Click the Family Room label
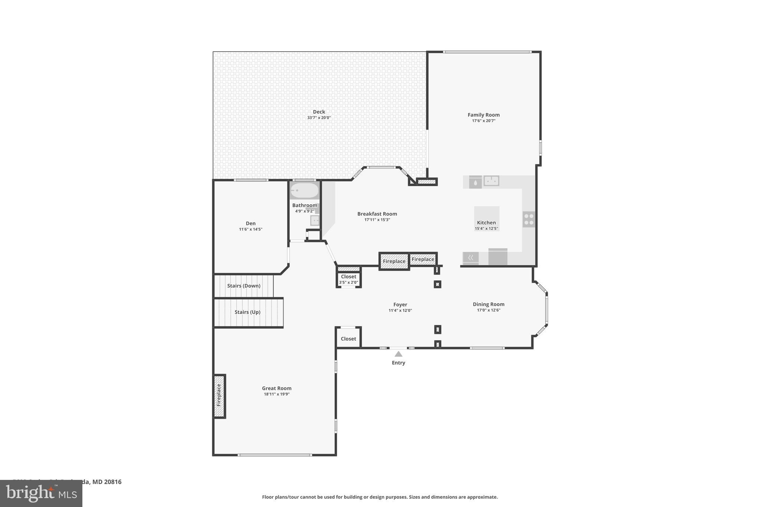click(483, 115)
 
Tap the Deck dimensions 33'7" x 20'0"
click(318, 118)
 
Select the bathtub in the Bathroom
click(304, 191)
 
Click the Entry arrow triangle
click(398, 354)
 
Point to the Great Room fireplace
click(219, 396)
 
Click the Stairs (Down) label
click(243, 286)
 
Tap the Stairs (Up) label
click(247, 312)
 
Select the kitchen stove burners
click(528, 219)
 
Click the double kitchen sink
click(491, 181)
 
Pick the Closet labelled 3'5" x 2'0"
click(348, 279)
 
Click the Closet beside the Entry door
click(348, 338)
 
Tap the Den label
click(250, 223)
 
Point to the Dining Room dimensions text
click(488, 310)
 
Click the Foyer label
click(400, 305)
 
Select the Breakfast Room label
click(377, 214)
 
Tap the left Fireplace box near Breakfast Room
click(394, 261)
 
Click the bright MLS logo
click(41, 493)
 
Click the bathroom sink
click(315, 221)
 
